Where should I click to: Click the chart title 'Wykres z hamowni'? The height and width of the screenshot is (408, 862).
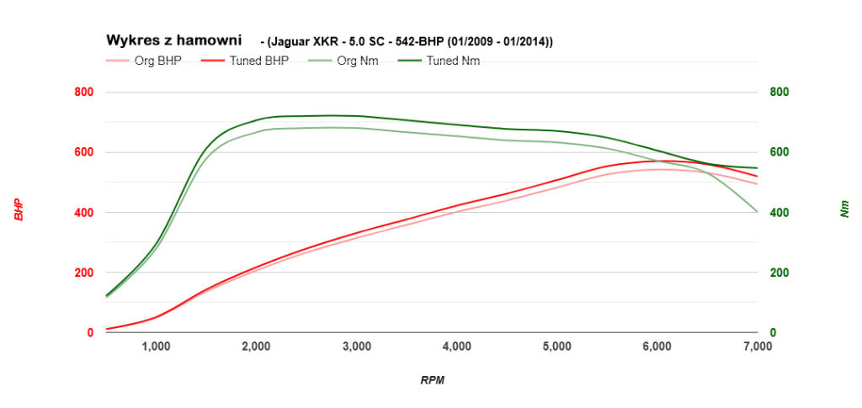173,40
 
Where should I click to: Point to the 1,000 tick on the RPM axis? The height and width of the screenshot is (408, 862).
156,346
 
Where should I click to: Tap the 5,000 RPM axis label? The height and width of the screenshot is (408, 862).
556,346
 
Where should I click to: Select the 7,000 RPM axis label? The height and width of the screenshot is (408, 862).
757,346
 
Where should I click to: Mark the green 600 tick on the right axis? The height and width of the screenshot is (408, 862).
780,152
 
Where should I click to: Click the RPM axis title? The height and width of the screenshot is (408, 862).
432,380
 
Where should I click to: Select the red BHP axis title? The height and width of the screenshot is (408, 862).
18,210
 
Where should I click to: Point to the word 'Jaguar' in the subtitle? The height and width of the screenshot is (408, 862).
290,41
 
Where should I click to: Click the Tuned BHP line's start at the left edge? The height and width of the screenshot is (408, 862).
107,329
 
